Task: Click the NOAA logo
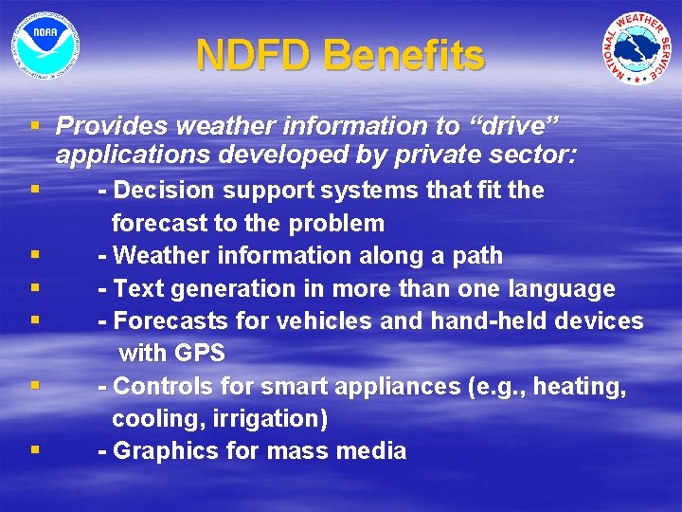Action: tap(45, 45)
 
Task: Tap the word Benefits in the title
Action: tap(404, 56)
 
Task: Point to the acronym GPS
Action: tap(200, 355)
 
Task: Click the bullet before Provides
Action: tap(35, 126)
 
